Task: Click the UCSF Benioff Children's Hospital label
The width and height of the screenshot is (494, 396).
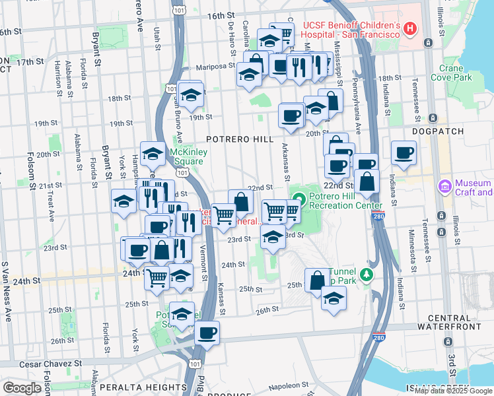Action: pyautogui.click(x=351, y=30)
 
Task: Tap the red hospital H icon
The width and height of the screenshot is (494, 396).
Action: pyautogui.click(x=410, y=28)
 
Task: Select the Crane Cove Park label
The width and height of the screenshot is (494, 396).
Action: pyautogui.click(x=451, y=73)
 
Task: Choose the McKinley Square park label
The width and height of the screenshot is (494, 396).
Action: pyautogui.click(x=188, y=156)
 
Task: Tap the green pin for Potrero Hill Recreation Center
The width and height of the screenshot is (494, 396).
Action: pyautogui.click(x=299, y=197)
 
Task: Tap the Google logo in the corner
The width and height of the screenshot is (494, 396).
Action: pyautogui.click(x=22, y=387)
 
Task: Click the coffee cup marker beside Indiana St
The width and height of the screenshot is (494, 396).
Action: pyautogui.click(x=403, y=153)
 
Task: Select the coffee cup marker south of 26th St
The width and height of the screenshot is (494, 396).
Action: pyautogui.click(x=207, y=331)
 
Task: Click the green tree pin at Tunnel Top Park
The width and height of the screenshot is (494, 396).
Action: pyautogui.click(x=363, y=274)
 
